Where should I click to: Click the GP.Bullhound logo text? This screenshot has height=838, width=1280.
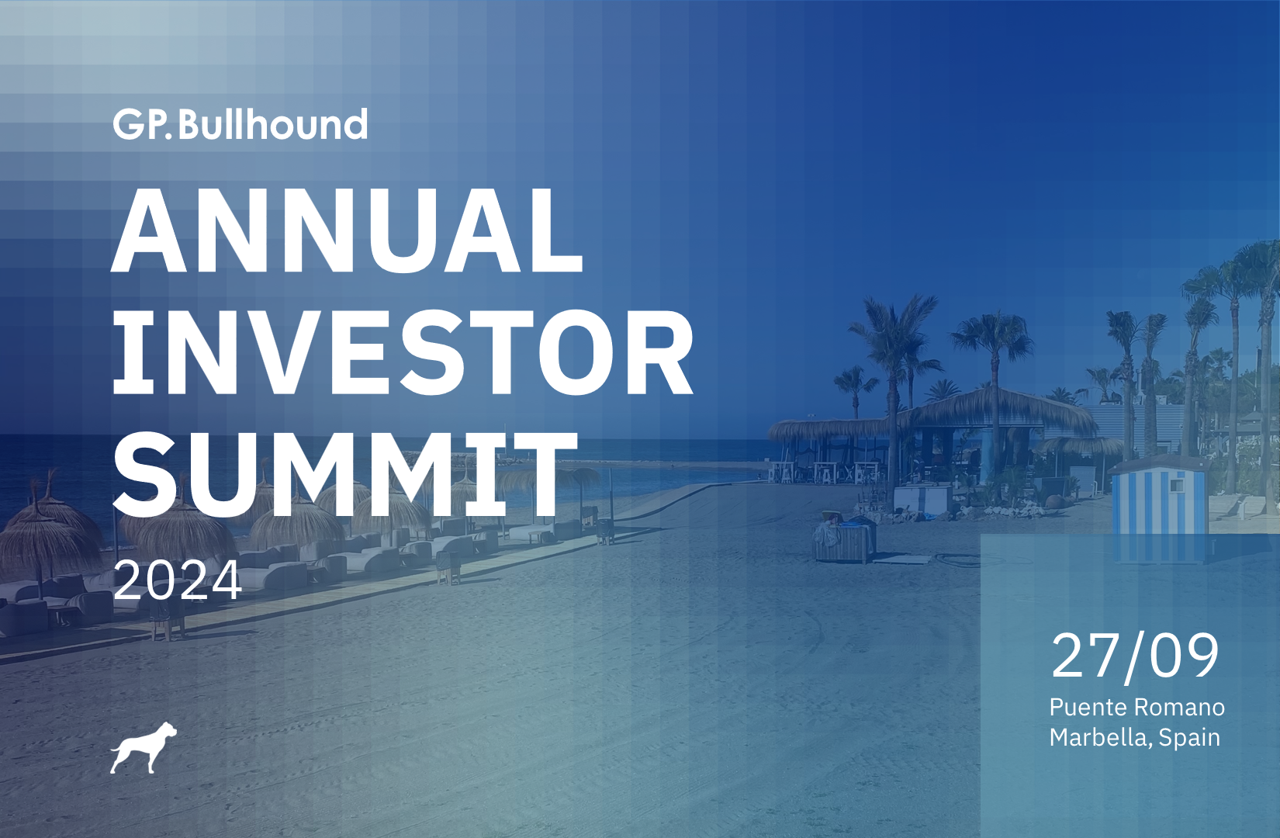240,124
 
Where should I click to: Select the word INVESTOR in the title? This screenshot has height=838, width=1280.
403,353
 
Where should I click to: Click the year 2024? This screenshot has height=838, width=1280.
177,580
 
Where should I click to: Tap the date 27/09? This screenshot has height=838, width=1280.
1135,657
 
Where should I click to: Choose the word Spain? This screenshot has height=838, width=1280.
1189,738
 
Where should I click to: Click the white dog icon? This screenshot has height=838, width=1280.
143,748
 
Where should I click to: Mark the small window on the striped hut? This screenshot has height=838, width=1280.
1177,486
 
